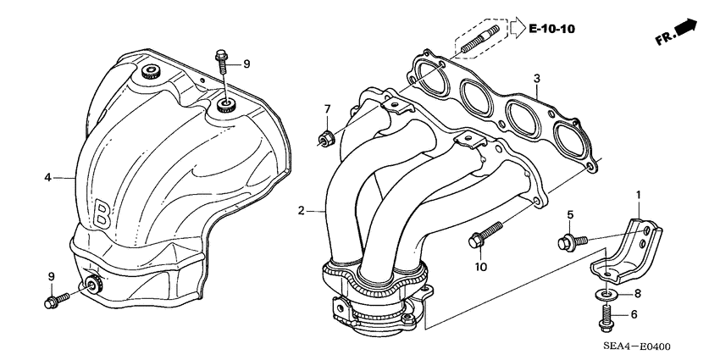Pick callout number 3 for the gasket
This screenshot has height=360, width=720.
(536, 79)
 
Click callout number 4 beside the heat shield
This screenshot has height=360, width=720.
(48, 177)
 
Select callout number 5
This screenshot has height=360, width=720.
(570, 214)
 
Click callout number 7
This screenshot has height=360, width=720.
(327, 109)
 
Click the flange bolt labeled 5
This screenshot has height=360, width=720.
(568, 241)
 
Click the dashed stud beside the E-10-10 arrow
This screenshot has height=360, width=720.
(479, 41)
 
